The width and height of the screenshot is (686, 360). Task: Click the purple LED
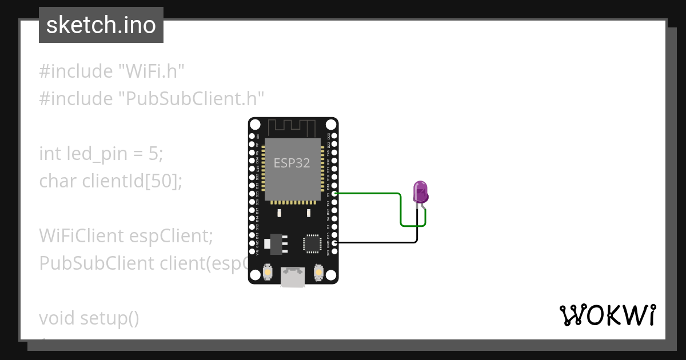[421, 192]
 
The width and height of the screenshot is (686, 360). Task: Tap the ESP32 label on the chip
[292, 163]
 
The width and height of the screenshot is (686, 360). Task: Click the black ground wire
[377, 243]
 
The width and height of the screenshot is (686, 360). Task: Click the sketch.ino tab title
[101, 25]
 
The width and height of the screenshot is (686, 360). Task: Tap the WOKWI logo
[607, 315]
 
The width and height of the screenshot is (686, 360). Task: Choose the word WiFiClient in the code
[81, 235]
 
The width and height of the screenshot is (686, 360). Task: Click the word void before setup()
[57, 318]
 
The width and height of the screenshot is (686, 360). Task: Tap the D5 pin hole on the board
[334, 194]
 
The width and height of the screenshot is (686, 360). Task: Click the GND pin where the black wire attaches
[334, 243]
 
